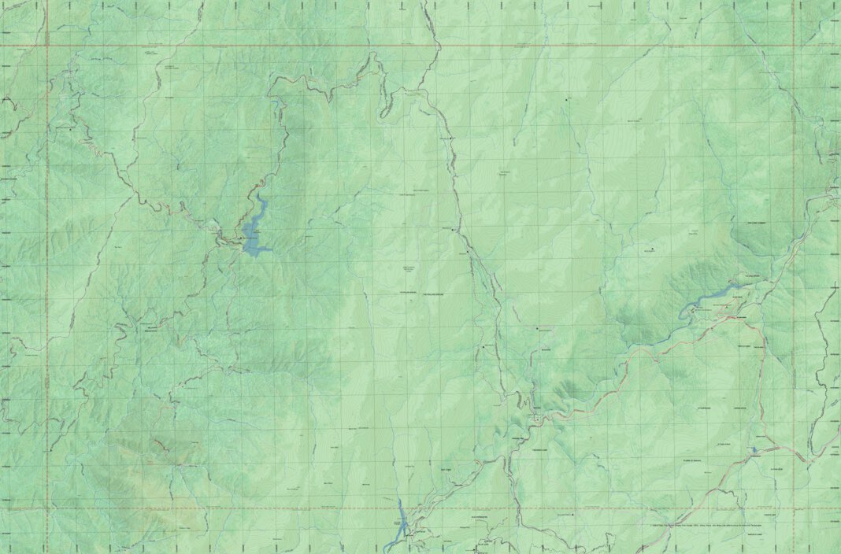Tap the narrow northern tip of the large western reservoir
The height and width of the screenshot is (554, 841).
[x=262, y=197]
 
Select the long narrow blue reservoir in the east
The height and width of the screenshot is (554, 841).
[x=713, y=297]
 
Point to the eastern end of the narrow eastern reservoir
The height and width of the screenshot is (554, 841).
[x=739, y=286]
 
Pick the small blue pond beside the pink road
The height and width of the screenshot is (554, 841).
[x=754, y=450]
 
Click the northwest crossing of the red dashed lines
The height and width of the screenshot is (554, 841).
[x=46, y=45]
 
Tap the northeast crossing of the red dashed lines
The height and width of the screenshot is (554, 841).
[x=794, y=45]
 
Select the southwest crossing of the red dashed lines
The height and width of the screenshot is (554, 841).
[x=46, y=508]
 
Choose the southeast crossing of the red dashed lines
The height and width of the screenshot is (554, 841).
[x=794, y=508]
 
